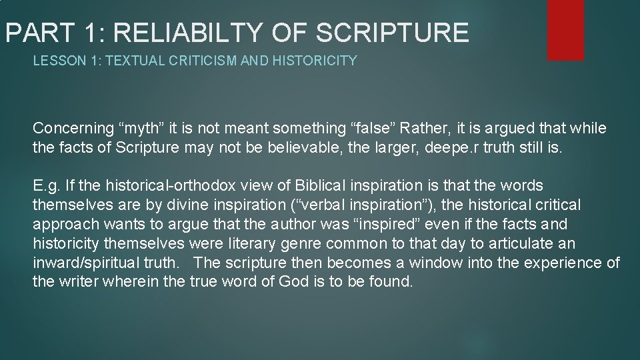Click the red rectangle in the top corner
tap(565, 29)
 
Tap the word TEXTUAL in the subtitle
tap(129, 61)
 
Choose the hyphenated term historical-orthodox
tap(159, 185)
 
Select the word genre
tap(307, 243)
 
